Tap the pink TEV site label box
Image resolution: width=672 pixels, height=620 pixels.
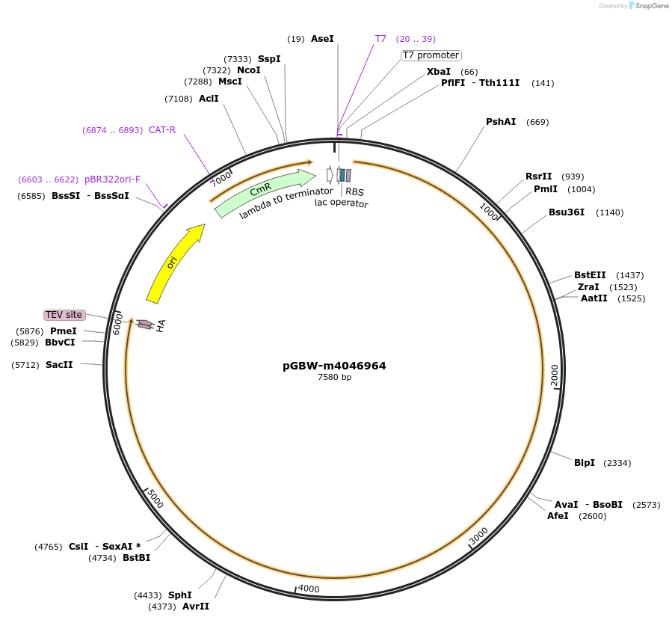[x=64, y=315]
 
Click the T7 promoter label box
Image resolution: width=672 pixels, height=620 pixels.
[x=431, y=55]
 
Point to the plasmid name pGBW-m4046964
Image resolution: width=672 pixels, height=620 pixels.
[x=334, y=366]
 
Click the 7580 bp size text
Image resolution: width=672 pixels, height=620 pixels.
[x=334, y=378]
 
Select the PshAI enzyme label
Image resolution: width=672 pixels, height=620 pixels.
[x=501, y=122]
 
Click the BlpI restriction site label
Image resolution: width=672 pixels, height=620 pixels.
[x=585, y=463]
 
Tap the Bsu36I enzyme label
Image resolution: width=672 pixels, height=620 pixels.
[x=567, y=212]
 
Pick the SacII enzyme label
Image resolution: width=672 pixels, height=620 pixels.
[x=59, y=365]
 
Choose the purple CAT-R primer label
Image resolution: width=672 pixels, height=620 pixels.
[x=162, y=130]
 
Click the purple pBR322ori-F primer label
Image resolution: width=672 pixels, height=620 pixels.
[x=112, y=179]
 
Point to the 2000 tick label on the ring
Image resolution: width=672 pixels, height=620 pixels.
[x=554, y=376]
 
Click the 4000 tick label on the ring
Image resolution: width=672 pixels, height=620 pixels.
[x=308, y=589]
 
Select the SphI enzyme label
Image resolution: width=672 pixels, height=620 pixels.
[x=180, y=595]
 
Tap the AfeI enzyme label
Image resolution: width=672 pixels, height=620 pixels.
[x=558, y=516]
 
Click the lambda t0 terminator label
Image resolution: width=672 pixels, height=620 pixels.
[x=286, y=203]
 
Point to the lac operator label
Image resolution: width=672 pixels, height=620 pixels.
[x=341, y=203]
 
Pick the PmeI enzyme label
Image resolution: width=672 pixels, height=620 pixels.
[x=64, y=331]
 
